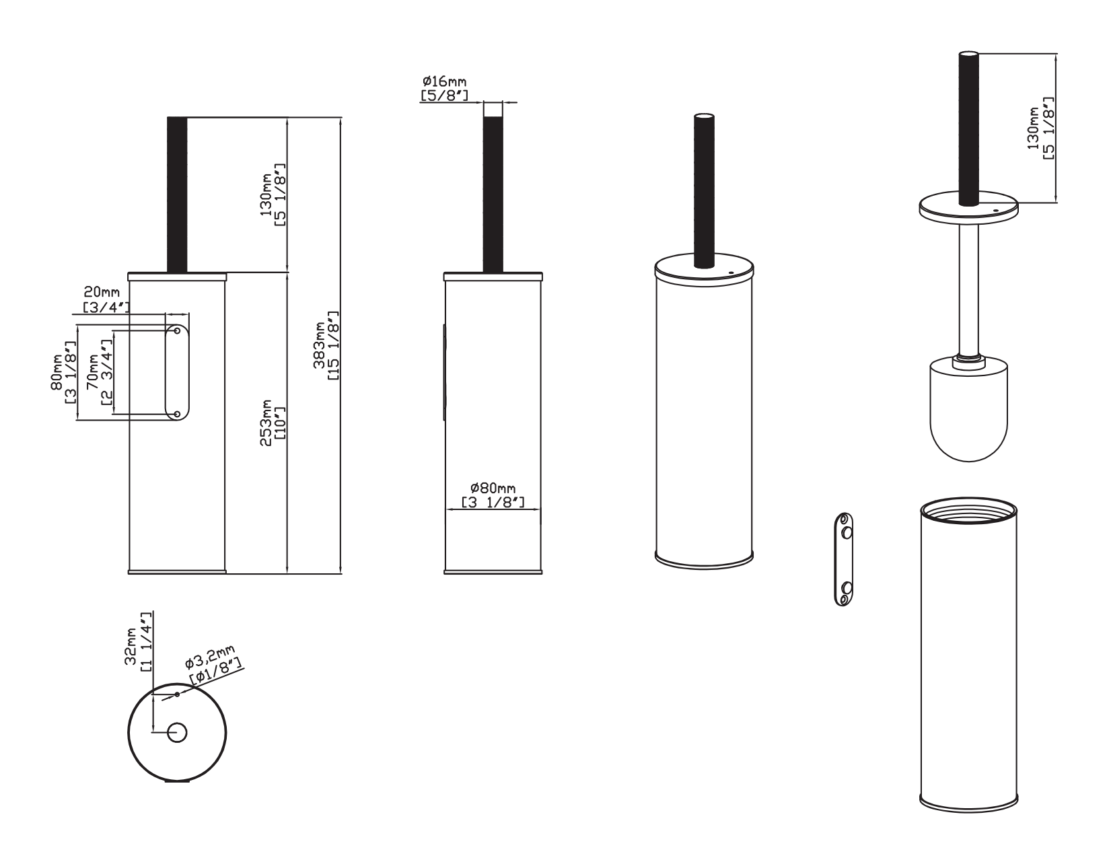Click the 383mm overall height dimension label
coord(326,345)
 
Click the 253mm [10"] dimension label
coord(273,423)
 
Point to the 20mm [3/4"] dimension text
coord(106,299)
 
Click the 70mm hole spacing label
coord(100,371)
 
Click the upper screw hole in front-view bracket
coord(177,330)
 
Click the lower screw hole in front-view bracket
coord(177,413)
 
